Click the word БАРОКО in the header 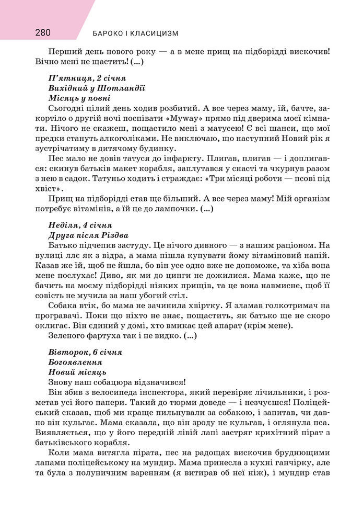coord(108,33)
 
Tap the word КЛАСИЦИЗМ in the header coord(156,33)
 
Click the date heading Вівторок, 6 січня coord(85,353)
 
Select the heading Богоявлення coord(74,363)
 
